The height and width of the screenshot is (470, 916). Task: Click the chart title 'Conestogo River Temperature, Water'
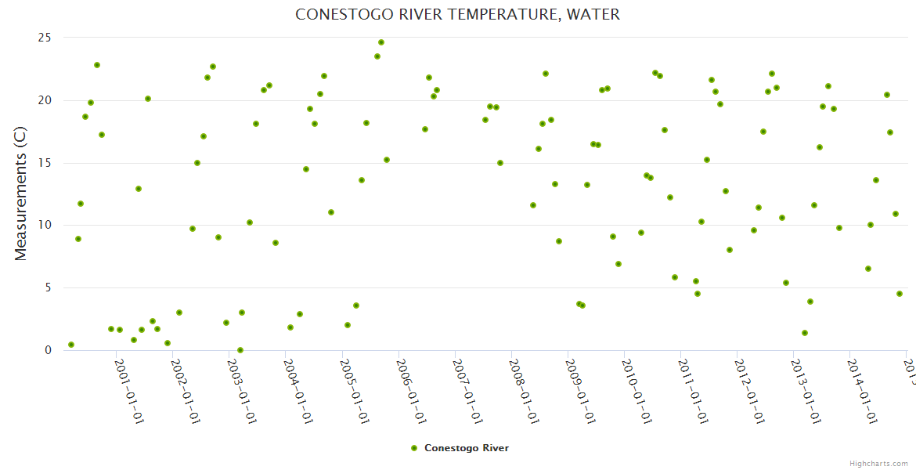457,15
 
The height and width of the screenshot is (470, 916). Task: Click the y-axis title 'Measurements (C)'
21,193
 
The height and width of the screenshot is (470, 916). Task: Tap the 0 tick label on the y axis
48,350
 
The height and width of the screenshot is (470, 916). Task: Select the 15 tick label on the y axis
45,163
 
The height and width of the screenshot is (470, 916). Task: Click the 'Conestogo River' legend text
467,448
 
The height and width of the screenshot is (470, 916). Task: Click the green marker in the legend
414,448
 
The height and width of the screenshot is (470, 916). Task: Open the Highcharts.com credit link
879,463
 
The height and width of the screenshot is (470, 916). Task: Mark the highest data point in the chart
381,42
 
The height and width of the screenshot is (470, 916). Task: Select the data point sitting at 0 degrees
240,350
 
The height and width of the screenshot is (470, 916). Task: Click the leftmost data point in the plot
71,345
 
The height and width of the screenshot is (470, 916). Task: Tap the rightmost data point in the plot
900,294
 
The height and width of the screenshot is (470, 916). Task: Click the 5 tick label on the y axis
48,287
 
